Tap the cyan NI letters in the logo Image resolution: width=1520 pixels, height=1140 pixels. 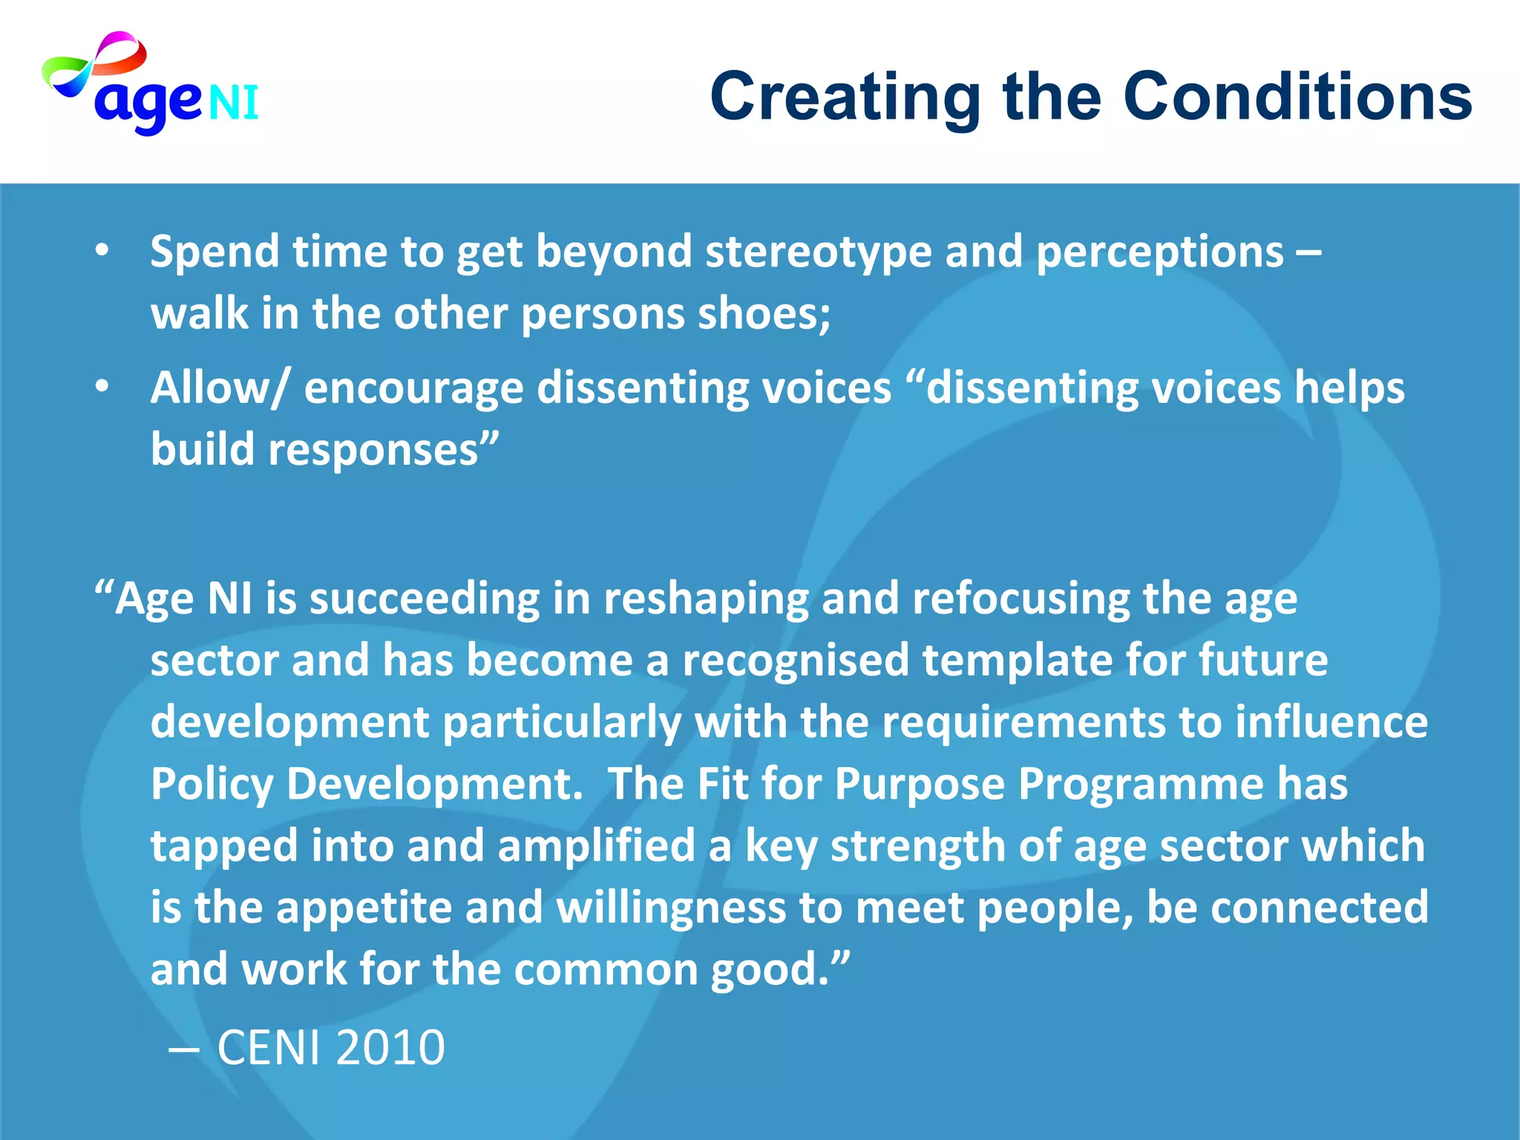pyautogui.click(x=233, y=103)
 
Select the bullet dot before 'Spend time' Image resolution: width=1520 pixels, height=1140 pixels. pyautogui.click(x=102, y=251)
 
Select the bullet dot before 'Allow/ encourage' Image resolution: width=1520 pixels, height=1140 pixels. pyautogui.click(x=102, y=387)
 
